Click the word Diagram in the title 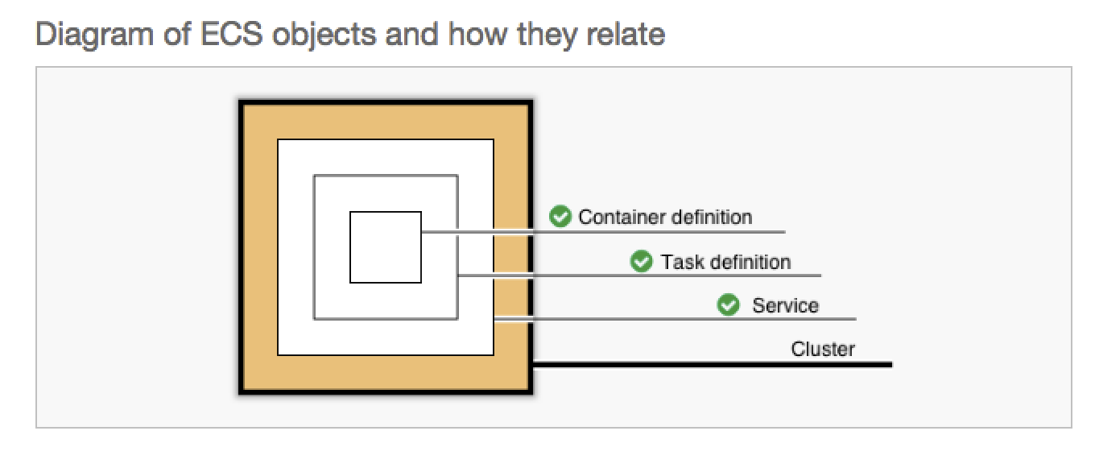click(94, 35)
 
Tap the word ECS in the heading click(231, 34)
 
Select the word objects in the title click(324, 35)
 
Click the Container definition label click(665, 217)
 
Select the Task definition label click(725, 262)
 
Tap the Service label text click(785, 305)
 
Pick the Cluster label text click(823, 349)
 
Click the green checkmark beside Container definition click(560, 216)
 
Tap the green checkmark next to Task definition click(642, 261)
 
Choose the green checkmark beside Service click(729, 304)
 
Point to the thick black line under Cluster click(713, 364)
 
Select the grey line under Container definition click(603, 232)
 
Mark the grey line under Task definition click(639, 275)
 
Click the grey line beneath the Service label click(675, 319)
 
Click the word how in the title click(477, 34)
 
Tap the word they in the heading click(547, 35)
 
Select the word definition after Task click(750, 262)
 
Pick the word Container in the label click(617, 217)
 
